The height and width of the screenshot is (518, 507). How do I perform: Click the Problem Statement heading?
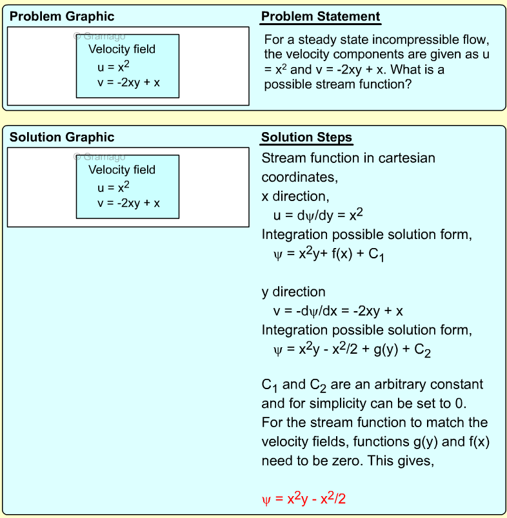click(x=321, y=17)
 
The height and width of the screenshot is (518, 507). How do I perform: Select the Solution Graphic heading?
click(x=62, y=137)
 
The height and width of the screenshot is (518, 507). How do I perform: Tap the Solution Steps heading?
click(x=306, y=137)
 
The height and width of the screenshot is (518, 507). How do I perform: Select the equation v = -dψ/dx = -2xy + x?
click(x=338, y=311)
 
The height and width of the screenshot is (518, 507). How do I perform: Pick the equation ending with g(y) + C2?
click(x=352, y=350)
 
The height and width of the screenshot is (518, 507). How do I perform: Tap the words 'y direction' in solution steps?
click(x=293, y=292)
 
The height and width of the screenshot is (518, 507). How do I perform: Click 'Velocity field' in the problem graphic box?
click(x=122, y=49)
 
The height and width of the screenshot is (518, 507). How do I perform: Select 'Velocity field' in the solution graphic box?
click(x=122, y=169)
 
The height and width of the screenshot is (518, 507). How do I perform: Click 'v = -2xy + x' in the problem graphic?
click(x=128, y=82)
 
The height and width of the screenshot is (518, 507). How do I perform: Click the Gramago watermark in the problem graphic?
click(x=100, y=37)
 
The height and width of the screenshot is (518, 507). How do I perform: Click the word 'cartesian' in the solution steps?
click(x=407, y=158)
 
